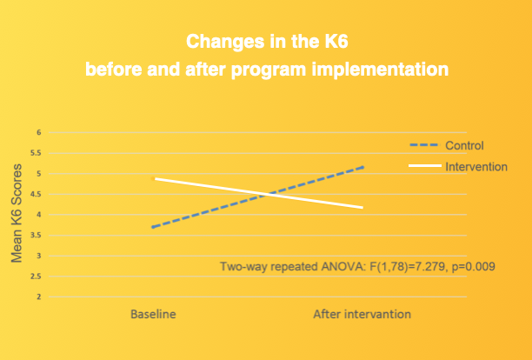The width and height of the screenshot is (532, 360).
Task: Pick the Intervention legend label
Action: [476, 166]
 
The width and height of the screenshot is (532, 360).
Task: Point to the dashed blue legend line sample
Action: [424, 145]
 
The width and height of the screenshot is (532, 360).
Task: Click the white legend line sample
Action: [424, 166]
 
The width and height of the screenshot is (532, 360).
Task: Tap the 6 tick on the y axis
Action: [38, 132]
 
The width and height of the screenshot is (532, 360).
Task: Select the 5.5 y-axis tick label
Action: [37, 153]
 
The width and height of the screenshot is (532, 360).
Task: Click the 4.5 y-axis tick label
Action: [37, 194]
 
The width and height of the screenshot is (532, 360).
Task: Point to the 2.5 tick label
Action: [37, 277]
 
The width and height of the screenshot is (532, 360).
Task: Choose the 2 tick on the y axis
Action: [38, 297]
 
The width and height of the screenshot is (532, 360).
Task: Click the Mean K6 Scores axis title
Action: [17, 215]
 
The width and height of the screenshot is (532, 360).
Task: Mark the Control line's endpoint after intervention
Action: [362, 166]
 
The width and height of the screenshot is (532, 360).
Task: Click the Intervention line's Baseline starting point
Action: [155, 178]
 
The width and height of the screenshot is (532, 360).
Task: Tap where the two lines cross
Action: [264, 193]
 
